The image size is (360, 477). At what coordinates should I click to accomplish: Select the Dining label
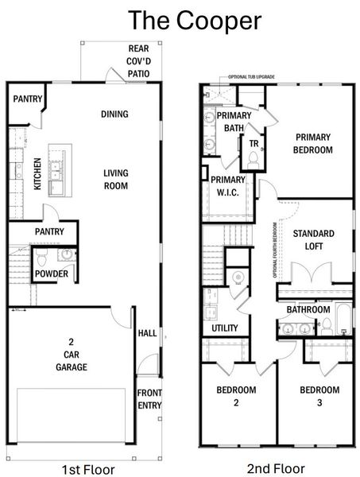click(115, 114)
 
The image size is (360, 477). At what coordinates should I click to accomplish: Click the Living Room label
click(115, 179)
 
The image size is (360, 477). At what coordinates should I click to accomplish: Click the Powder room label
click(51, 274)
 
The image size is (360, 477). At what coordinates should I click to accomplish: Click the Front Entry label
click(149, 399)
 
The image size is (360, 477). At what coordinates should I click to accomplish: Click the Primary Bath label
click(234, 123)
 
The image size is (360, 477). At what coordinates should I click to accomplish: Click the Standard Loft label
click(313, 239)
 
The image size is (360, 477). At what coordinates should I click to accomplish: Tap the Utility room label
click(225, 328)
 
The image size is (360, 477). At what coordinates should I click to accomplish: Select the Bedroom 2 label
click(237, 396)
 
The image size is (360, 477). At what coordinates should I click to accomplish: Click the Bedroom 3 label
click(319, 396)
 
